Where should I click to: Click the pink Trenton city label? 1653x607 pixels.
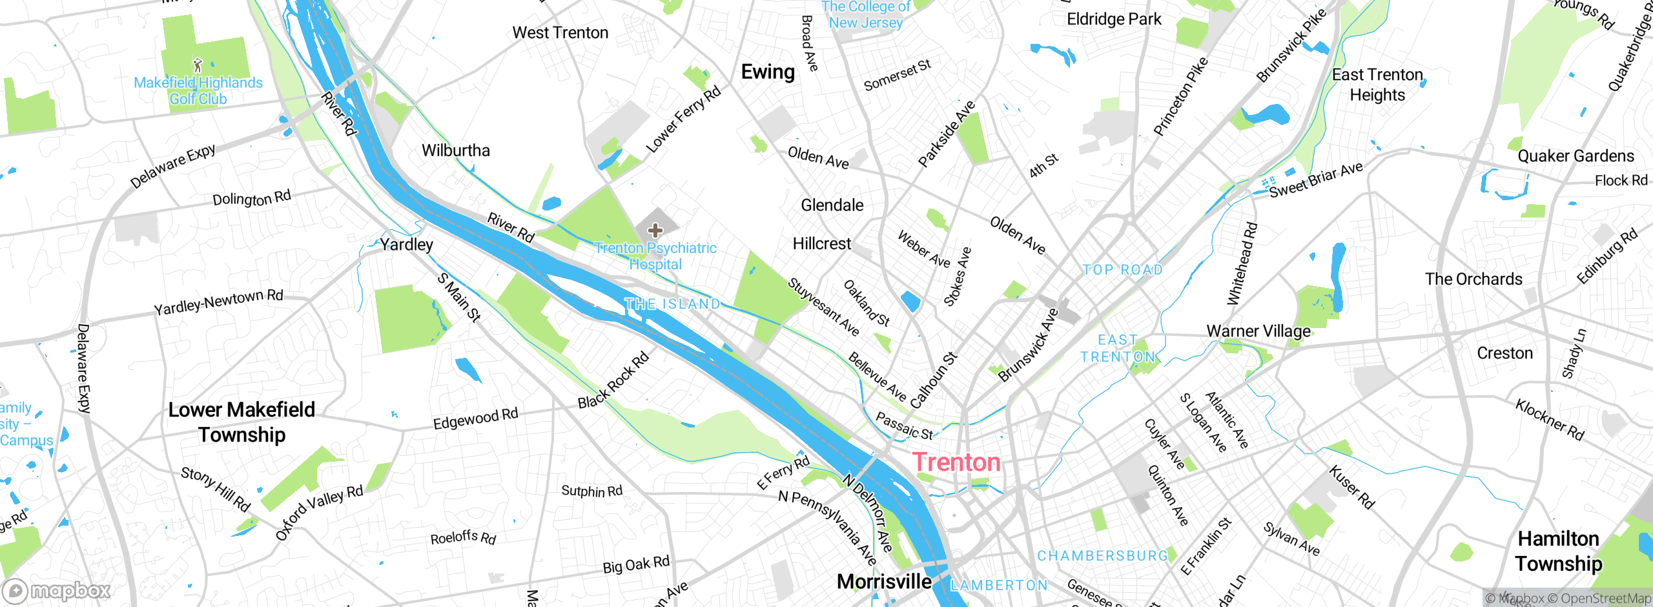tap(956, 462)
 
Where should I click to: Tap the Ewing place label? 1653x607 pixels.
tap(767, 72)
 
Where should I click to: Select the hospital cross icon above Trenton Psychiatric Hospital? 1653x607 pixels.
tap(655, 231)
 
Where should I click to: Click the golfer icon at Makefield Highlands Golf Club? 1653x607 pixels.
tap(198, 65)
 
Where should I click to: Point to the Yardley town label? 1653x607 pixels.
tap(406, 245)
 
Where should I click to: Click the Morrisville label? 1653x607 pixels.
tap(884, 581)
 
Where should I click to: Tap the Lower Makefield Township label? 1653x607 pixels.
tap(241, 422)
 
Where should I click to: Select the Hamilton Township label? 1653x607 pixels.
tap(1558, 551)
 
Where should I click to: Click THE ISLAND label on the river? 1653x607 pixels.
tap(672, 304)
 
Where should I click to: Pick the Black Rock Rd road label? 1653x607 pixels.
tap(613, 381)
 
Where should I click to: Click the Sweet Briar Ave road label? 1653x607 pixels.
tap(1316, 180)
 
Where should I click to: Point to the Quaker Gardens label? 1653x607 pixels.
tap(1576, 156)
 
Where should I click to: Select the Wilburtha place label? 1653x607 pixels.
tap(456, 150)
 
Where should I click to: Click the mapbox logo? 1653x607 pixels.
tap(57, 590)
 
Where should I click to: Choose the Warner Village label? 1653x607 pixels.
tap(1258, 331)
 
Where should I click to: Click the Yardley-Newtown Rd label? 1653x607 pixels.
tap(218, 302)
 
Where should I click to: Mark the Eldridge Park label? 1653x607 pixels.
tap(1114, 19)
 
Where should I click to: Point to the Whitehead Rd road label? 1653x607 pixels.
tap(1242, 263)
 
